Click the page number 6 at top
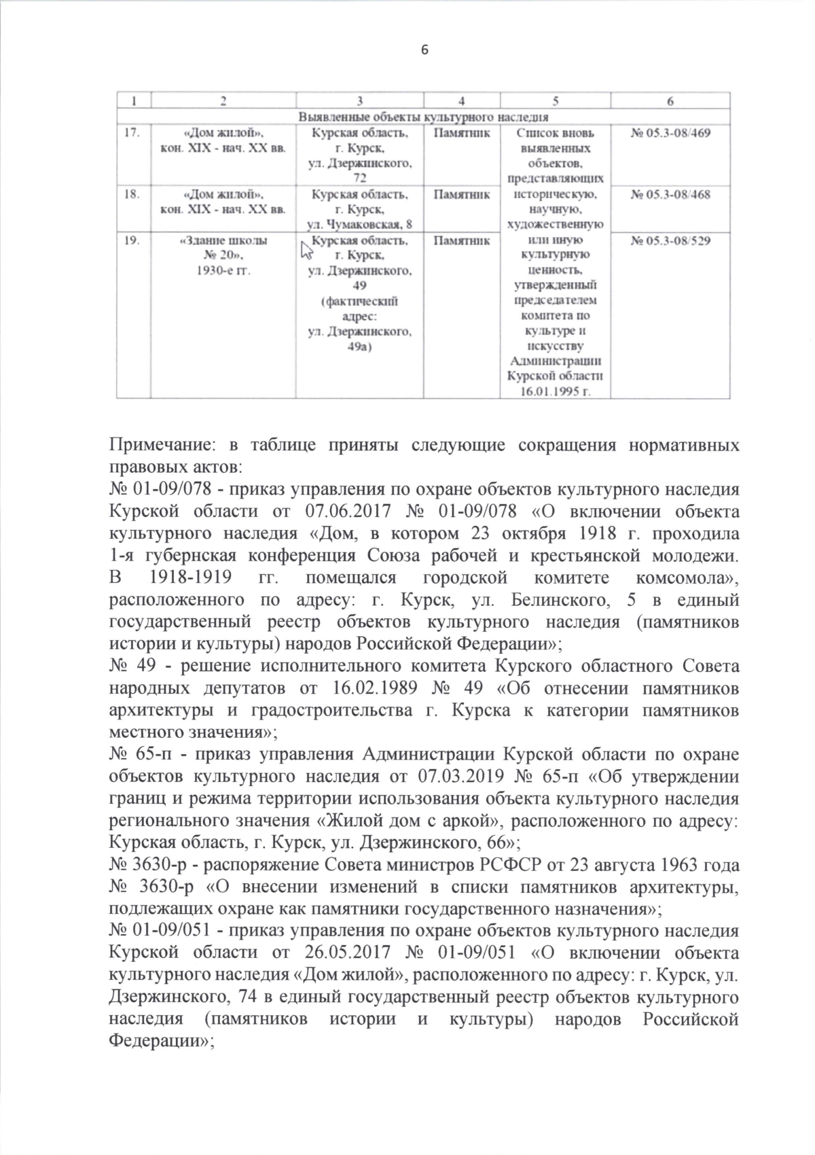point(425,50)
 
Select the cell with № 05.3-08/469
point(670,133)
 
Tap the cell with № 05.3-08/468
point(670,195)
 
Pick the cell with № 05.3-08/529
point(670,241)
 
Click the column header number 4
point(461,101)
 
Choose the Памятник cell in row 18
point(461,195)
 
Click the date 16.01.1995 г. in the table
point(556,392)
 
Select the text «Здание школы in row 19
point(223,241)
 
